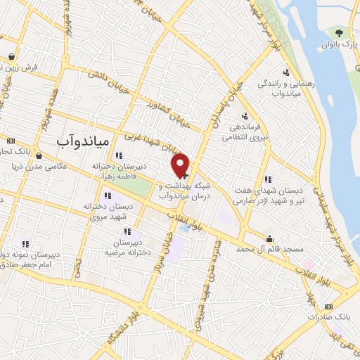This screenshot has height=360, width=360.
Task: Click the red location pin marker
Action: click(181, 165)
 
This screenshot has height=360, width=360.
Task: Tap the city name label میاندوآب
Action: click(82, 141)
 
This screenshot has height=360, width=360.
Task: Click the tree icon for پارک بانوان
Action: click(340, 32)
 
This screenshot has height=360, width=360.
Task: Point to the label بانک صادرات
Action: click(328, 317)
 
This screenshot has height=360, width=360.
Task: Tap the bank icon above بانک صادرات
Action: click(328, 307)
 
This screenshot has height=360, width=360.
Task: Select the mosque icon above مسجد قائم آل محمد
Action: click(269, 238)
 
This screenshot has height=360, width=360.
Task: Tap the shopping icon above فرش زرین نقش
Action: click(12, 57)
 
